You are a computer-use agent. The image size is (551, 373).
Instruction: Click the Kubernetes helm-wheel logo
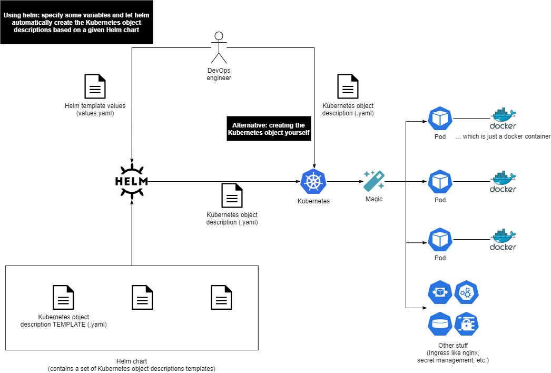tap(313, 182)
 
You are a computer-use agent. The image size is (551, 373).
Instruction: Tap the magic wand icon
tap(374, 181)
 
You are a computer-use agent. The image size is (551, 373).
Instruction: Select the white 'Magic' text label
tap(374, 200)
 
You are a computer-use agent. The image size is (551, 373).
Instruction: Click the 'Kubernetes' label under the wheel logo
tap(313, 201)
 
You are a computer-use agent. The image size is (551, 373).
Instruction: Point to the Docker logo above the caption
tap(503, 119)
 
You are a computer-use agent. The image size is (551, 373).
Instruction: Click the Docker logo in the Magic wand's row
tap(503, 182)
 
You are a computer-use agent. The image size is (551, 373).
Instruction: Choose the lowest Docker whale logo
tap(503, 240)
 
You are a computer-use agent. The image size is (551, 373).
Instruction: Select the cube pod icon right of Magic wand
tap(440, 182)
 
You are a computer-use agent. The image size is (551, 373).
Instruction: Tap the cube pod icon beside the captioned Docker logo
tap(440, 119)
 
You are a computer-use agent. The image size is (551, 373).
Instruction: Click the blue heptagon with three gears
tap(466, 292)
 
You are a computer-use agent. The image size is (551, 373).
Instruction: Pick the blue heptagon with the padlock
tap(466, 324)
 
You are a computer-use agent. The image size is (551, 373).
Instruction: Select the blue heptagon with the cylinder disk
tap(440, 324)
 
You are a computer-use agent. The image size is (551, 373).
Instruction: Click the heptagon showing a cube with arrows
tap(440, 292)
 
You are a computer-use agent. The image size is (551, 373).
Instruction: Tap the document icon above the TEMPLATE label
tap(63, 298)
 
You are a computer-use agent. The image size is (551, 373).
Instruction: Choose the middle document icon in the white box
tap(142, 298)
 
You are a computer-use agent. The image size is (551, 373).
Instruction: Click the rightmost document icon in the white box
tap(221, 298)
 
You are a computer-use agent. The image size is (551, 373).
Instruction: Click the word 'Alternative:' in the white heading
tap(250, 125)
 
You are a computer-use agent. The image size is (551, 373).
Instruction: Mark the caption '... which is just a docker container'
tap(503, 137)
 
